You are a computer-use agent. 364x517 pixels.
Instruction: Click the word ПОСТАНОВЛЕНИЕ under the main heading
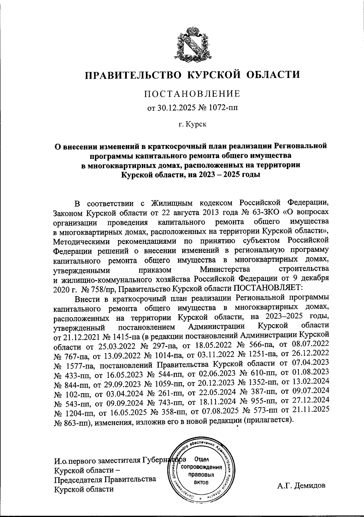pyautogui.click(x=192, y=94)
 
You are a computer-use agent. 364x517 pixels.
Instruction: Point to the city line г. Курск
pyautogui.click(x=192, y=125)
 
